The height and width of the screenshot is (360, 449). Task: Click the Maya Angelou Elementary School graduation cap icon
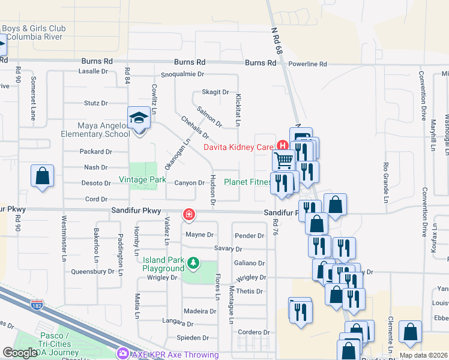point(139,118)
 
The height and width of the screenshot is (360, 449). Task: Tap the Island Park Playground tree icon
point(193,263)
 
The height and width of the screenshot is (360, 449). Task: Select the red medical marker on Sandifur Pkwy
point(188,214)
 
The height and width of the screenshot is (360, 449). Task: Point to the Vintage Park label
point(142,179)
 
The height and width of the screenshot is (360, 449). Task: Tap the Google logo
point(21,353)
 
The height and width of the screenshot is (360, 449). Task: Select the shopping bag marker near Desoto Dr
point(43,176)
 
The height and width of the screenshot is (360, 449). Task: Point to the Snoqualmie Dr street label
point(182,75)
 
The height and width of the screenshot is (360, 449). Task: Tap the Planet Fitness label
point(246,182)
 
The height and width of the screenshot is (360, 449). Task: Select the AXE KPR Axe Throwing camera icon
point(124,353)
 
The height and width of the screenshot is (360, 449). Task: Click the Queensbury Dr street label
point(92,271)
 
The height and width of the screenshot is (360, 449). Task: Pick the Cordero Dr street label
point(254,332)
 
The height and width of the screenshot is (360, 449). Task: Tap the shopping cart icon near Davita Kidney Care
point(283,160)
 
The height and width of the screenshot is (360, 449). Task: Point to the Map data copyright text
point(423,355)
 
